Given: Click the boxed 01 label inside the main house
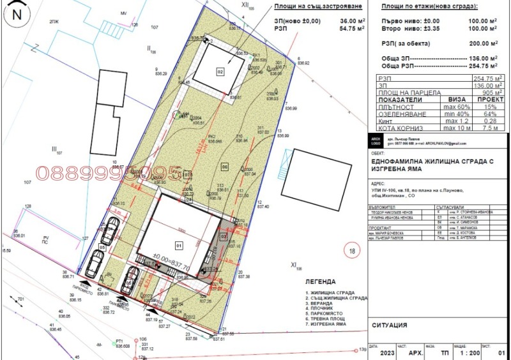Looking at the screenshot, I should (x=179, y=244).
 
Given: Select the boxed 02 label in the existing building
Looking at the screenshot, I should (x=220, y=71).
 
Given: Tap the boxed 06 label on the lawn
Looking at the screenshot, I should (x=225, y=167).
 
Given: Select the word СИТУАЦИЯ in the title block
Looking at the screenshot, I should (x=390, y=326).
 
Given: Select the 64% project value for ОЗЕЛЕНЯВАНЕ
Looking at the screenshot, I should (x=489, y=114).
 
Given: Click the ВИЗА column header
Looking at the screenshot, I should (x=455, y=100).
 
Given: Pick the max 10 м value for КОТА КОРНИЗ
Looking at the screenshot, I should (x=455, y=128).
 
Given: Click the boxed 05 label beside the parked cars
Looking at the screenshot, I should (x=102, y=248).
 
